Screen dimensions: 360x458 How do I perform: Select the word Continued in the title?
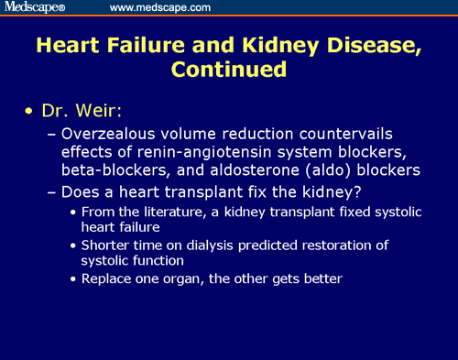[228, 68]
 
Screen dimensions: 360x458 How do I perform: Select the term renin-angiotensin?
[169, 151]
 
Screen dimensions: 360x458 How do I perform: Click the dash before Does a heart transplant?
[49, 192]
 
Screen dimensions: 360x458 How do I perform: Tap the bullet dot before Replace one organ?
[74, 278]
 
